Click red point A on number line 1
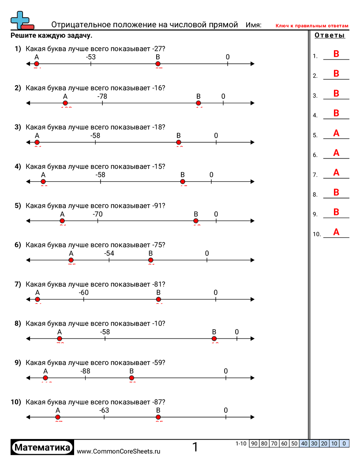[37, 64]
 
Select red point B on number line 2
[199, 103]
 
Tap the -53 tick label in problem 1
[91, 57]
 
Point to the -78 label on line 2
[102, 96]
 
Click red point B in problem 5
[196, 221]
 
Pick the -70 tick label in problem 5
[97, 214]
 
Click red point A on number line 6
[71, 260]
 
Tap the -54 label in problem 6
[109, 253]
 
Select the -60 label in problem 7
[84, 293]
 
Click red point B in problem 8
[214, 339]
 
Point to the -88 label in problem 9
[85, 371]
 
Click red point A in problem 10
[58, 417]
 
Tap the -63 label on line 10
[104, 410]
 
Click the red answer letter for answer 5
[336, 133]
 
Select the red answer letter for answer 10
[336, 232]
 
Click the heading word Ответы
[330, 36]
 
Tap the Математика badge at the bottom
[42, 448]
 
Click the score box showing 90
[254, 443]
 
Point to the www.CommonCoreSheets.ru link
[118, 451]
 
